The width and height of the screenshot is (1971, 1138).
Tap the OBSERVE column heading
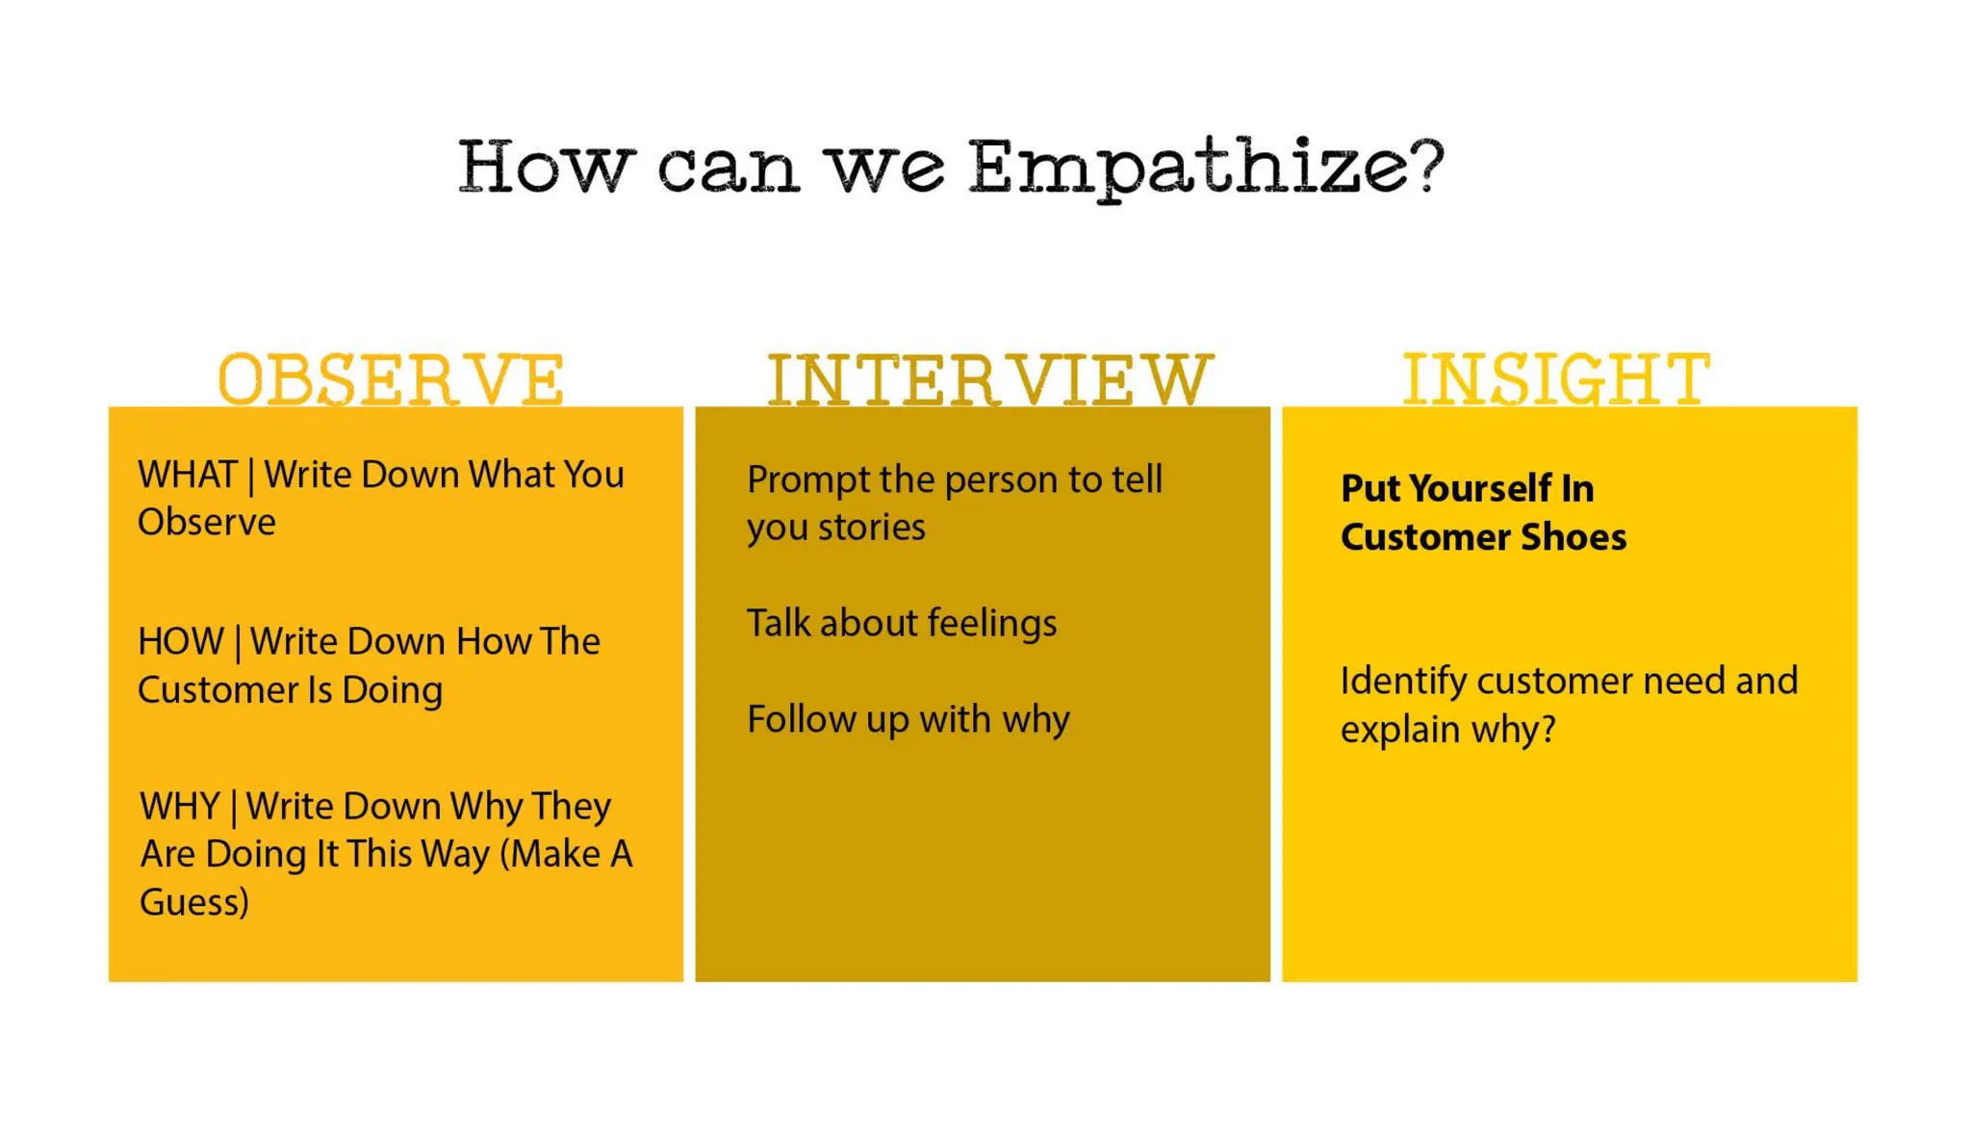(391, 379)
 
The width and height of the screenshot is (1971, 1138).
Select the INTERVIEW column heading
(989, 379)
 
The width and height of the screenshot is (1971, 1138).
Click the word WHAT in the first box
(188, 475)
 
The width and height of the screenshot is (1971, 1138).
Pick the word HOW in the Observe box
(180, 641)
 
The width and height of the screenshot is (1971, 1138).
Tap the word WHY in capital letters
(180, 806)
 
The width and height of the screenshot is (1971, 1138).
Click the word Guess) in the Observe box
(194, 902)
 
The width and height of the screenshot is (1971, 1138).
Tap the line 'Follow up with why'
(908, 719)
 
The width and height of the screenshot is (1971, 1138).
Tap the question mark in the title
(1429, 164)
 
